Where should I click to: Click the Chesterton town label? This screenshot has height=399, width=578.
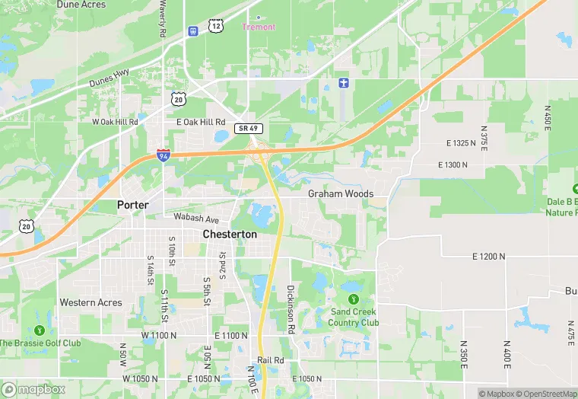coord(230,235)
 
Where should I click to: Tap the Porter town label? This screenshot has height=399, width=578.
coord(132,205)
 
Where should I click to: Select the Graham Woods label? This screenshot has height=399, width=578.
coord(341,194)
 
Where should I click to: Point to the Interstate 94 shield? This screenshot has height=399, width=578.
coord(164,155)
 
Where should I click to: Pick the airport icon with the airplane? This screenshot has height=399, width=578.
coord(344,82)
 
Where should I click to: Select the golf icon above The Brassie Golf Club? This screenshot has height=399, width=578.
coord(39,330)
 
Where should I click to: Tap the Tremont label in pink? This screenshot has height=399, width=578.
coord(259,27)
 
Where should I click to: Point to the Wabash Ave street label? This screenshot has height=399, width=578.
coord(195,217)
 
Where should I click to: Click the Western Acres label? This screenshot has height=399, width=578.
coord(91,302)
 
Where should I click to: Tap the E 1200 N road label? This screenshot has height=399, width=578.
coord(478,257)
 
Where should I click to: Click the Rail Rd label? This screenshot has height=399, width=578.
coord(270,359)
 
